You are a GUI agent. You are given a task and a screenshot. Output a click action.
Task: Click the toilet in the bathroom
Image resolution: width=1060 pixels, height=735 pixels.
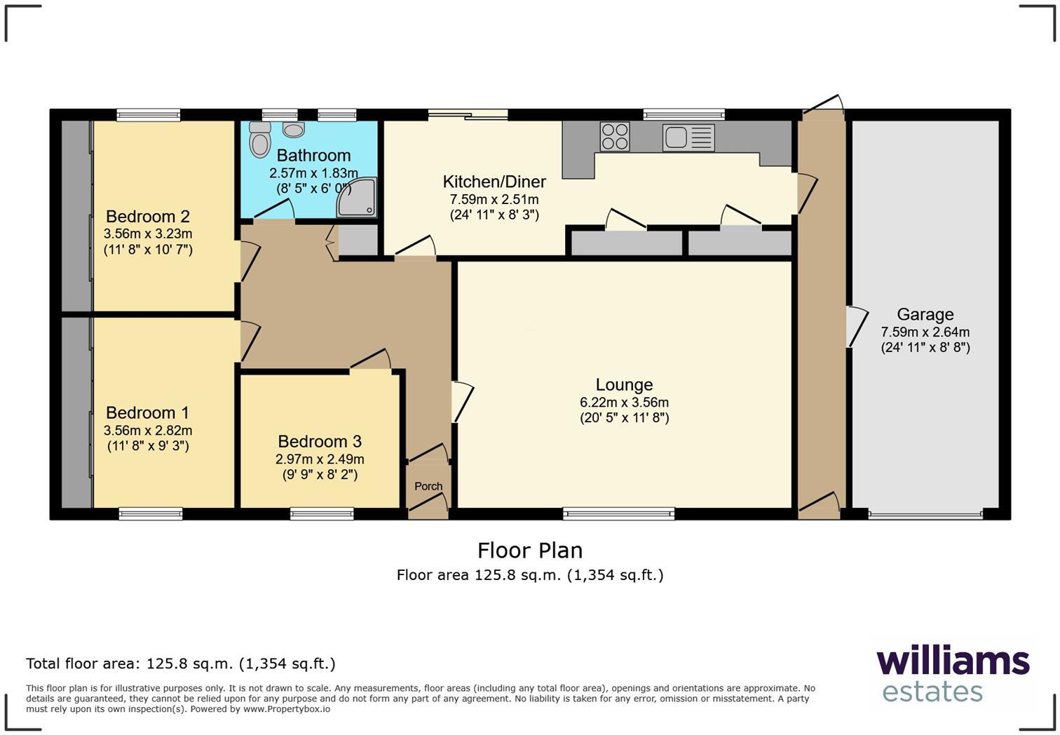tap(260, 140)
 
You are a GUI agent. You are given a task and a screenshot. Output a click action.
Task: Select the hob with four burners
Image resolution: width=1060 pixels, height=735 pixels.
tap(615, 136)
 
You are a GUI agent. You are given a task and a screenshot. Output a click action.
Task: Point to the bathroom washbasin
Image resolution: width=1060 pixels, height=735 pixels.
tap(294, 130)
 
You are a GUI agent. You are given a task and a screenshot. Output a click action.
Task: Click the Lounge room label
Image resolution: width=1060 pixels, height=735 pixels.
tap(624, 384)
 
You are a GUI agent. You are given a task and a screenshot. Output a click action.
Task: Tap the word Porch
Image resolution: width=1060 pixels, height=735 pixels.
tap(428, 486)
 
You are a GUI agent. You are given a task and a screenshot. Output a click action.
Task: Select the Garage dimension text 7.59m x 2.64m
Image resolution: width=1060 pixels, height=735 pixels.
tap(925, 332)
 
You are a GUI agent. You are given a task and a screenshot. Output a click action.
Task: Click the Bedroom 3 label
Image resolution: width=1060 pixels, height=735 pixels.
tap(320, 441)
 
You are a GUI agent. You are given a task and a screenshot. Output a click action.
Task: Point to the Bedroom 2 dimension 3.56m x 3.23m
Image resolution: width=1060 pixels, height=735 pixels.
tap(148, 234)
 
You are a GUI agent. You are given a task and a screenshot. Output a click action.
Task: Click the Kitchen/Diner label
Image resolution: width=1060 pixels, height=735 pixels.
tap(494, 182)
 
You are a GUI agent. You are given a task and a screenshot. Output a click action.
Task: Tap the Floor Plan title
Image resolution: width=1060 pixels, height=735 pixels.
tap(530, 551)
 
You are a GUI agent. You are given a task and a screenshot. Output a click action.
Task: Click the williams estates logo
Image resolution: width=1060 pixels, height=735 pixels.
tap(953, 674)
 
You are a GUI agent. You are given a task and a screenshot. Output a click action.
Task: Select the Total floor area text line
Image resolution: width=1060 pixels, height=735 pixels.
tap(181, 663)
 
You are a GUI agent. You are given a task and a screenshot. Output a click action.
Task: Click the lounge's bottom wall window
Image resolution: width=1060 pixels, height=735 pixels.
tap(618, 514)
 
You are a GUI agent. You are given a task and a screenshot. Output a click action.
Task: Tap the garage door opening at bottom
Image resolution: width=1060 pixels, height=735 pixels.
tap(925, 515)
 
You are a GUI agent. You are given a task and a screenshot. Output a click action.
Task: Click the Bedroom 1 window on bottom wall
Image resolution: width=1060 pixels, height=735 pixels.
tap(151, 514)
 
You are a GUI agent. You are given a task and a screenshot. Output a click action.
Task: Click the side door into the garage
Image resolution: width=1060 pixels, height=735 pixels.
tap(855, 326)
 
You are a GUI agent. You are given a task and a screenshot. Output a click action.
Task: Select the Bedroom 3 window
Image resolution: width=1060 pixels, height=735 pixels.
tap(322, 514)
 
